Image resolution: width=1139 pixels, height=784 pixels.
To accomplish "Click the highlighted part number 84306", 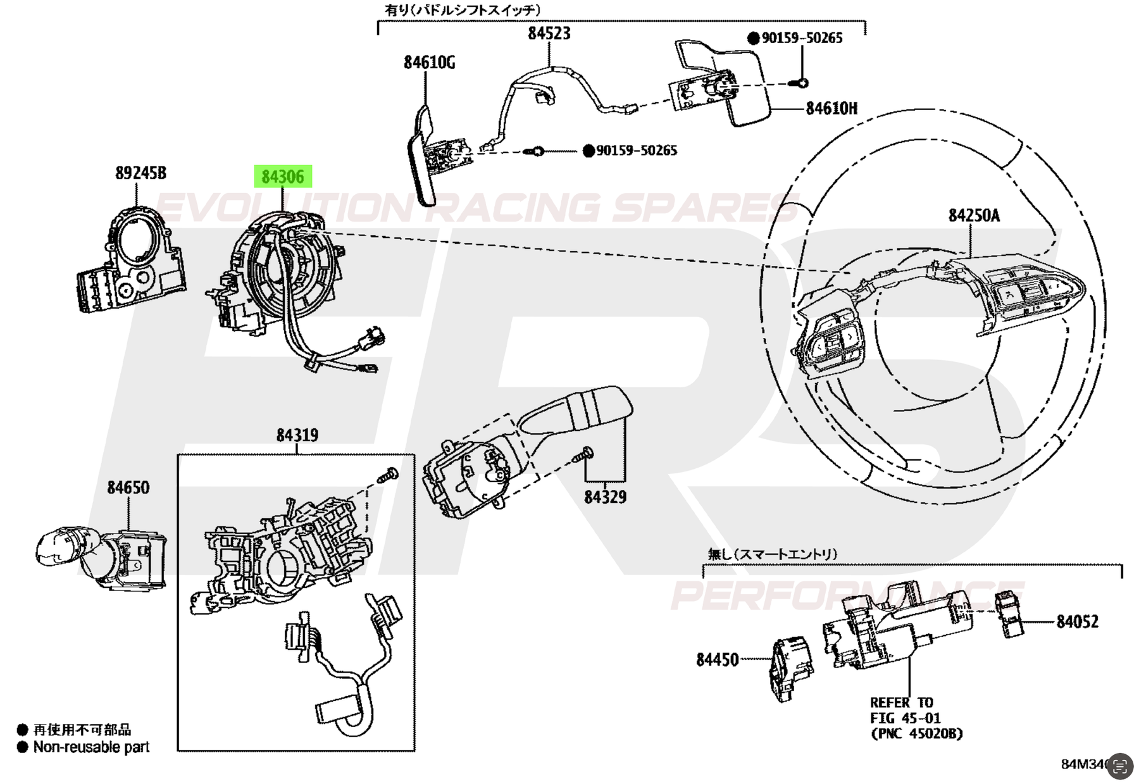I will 283,177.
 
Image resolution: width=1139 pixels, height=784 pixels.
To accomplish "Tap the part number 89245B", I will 140,173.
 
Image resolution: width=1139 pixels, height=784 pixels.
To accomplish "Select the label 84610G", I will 429,62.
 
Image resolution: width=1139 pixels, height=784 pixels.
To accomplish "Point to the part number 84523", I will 549,33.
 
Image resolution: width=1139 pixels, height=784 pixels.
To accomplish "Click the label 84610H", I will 831,108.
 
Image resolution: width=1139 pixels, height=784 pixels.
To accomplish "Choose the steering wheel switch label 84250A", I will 973,215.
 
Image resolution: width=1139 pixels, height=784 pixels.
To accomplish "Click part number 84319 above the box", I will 297,435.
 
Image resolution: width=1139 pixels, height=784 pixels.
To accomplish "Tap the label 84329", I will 605,497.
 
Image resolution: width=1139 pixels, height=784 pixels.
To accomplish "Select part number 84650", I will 128,488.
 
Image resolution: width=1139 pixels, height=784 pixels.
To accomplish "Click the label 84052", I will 1077,622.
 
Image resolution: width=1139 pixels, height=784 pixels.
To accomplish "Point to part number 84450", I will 717,660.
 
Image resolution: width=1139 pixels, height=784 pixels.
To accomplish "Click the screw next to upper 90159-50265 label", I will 801,83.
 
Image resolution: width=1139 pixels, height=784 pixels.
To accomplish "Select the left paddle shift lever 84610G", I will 421,158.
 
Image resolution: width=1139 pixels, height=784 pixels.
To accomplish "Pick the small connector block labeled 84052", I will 1010,614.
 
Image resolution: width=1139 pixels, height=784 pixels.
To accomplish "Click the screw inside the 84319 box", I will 387,475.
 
